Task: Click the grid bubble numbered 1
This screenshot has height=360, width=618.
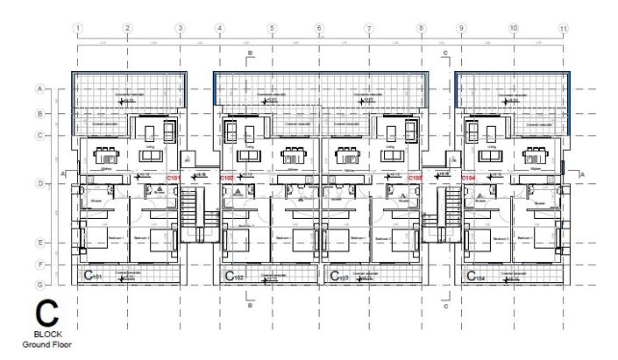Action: click(x=78, y=29)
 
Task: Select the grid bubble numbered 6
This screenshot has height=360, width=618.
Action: click(x=319, y=29)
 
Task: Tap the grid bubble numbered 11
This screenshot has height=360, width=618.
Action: click(x=563, y=29)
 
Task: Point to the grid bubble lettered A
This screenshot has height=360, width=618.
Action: click(x=39, y=89)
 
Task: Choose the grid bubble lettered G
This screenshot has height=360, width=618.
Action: click(x=39, y=285)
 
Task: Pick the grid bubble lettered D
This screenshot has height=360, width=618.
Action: click(x=39, y=184)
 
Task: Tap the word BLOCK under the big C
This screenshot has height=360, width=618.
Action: click(x=48, y=335)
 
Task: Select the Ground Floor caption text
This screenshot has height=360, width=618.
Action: click(x=48, y=344)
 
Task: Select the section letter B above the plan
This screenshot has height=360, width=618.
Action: click(x=250, y=54)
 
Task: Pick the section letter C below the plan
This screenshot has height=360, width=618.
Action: click(x=445, y=307)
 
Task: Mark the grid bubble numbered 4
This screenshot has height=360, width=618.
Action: click(x=219, y=29)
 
